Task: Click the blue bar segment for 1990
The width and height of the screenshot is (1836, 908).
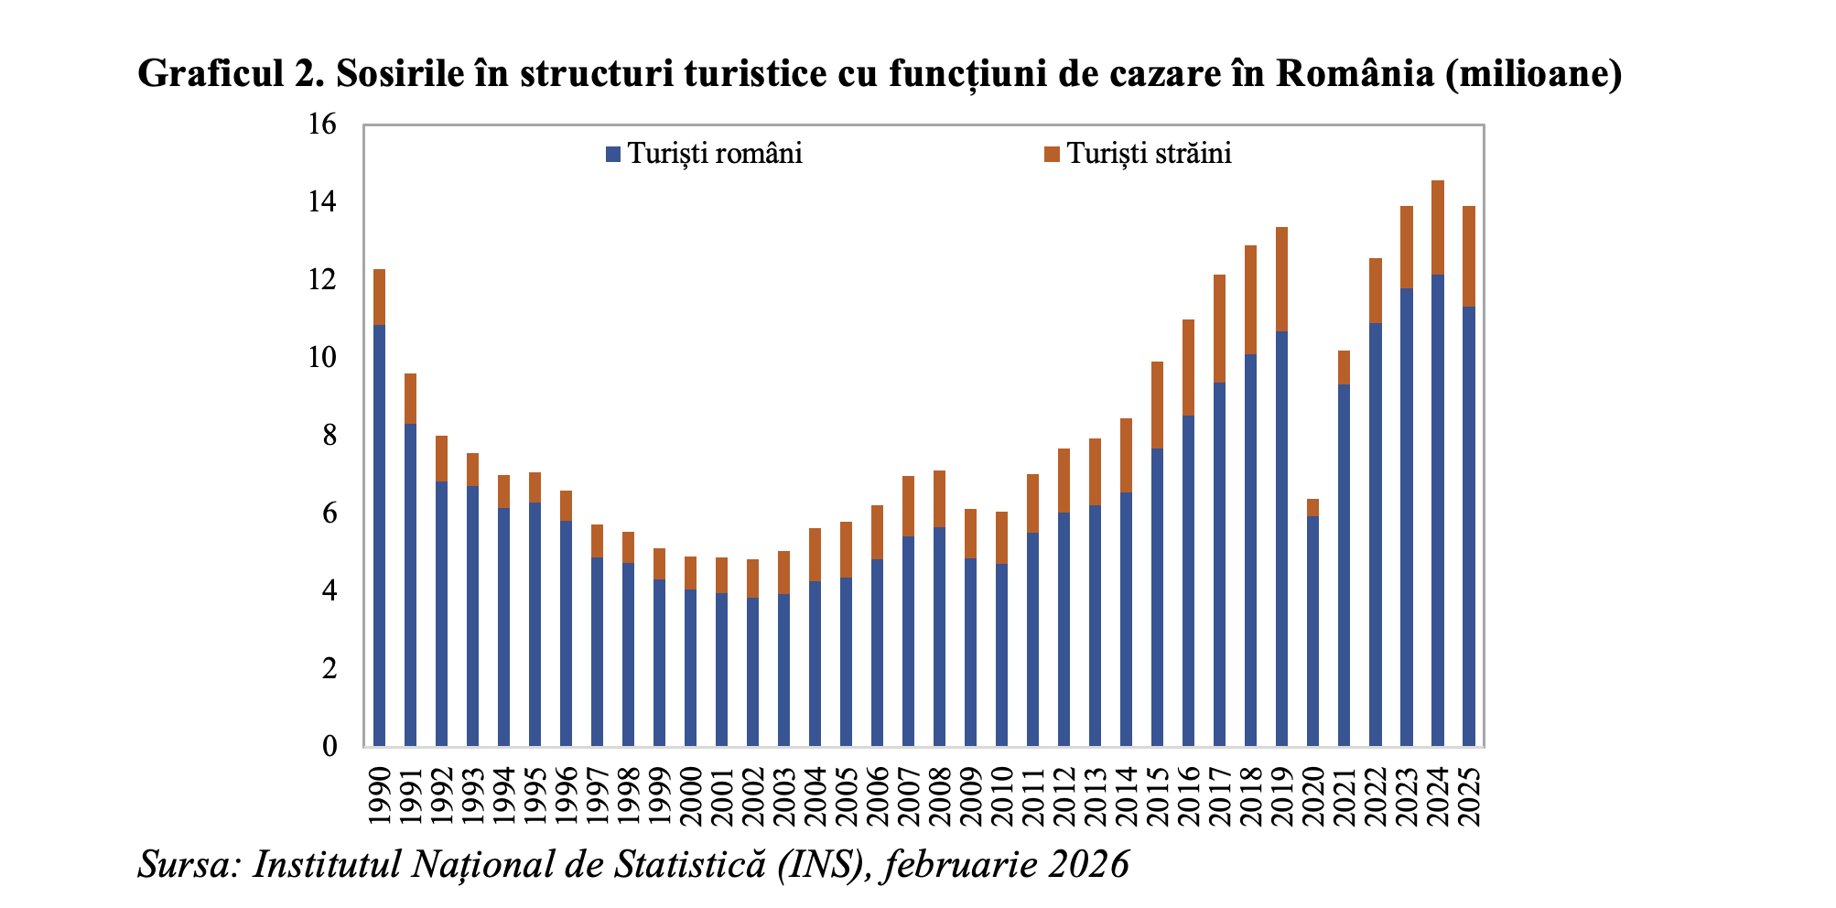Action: [x=379, y=535]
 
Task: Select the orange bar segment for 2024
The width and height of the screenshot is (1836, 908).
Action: [x=1437, y=227]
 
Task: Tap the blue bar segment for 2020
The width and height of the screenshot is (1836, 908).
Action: [x=1312, y=632]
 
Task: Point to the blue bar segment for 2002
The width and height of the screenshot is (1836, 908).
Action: [x=752, y=672]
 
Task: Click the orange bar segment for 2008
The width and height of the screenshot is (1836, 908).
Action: [x=939, y=498]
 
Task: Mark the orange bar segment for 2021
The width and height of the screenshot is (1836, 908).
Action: [x=1344, y=367]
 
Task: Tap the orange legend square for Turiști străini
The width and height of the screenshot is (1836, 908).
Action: [x=1052, y=154]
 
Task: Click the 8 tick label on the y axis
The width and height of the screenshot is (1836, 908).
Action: [x=329, y=436]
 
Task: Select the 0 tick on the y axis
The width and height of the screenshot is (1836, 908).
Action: [x=329, y=747]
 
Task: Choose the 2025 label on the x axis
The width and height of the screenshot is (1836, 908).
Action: [x=1469, y=794]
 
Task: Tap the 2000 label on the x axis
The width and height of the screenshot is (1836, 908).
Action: [x=691, y=794]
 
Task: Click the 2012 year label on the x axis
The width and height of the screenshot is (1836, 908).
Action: [x=1064, y=794]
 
